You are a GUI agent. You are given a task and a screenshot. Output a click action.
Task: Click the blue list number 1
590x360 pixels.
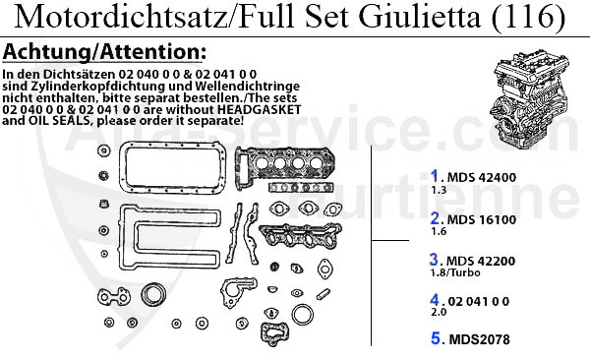[x=435, y=176]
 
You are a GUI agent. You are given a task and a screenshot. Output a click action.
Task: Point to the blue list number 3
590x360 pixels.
[x=435, y=261]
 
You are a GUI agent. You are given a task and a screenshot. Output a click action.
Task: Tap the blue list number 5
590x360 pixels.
[x=435, y=339]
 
